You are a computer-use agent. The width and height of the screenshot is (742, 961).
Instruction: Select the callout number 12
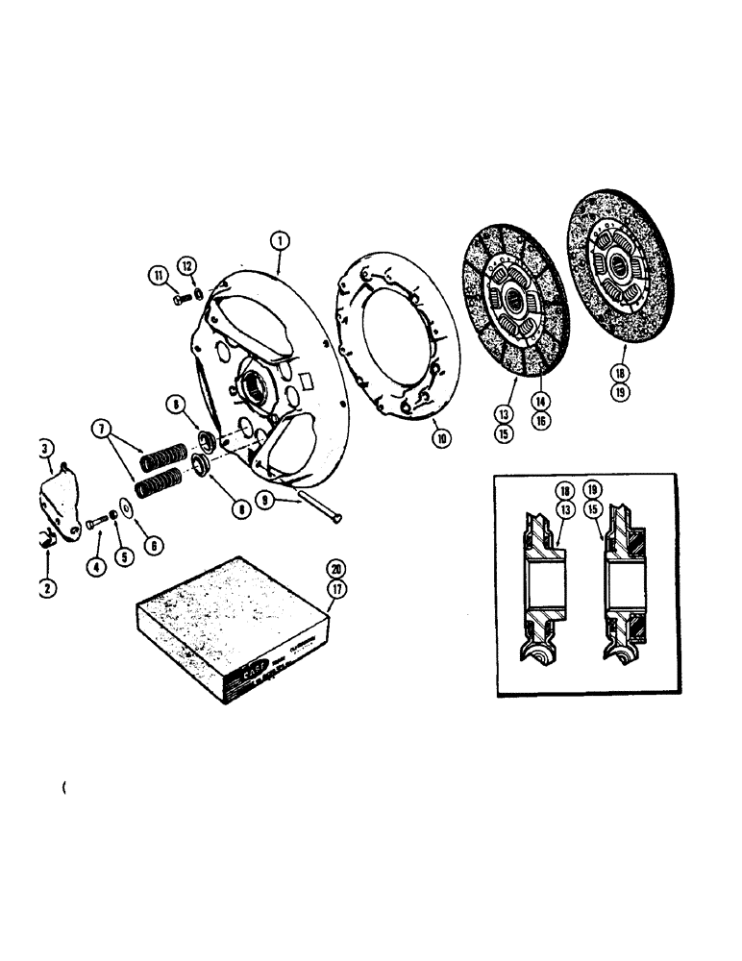187,264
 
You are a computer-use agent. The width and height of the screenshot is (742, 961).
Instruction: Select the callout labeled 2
49,585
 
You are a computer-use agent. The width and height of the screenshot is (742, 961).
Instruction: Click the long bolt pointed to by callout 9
318,507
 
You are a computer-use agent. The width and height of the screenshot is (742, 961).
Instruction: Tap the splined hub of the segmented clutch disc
513,303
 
